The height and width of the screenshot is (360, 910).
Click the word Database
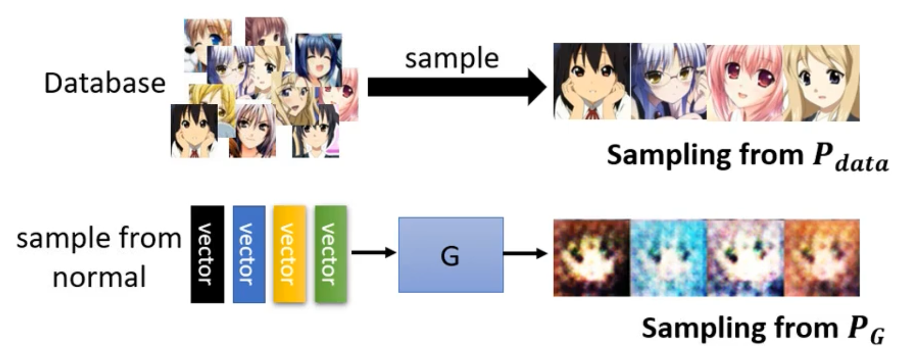coord(105,83)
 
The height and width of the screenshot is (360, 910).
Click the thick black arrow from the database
coord(457,87)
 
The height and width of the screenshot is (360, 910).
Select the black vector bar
coord(207,255)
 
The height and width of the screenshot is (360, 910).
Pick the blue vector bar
coord(249,255)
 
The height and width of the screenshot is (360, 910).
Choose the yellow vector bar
coord(290,255)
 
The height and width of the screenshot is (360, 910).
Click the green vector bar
coord(331,255)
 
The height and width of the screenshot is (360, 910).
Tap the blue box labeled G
coord(451,255)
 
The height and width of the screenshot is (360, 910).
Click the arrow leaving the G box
coord(526,253)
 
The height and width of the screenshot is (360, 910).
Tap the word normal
coord(99,277)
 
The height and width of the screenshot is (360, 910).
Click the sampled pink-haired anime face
coord(745,83)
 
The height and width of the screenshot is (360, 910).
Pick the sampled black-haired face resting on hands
coord(592,81)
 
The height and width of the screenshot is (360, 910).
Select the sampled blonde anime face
coord(822,83)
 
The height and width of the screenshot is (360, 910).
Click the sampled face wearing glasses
coord(669,81)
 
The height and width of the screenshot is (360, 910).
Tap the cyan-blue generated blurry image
coord(669,258)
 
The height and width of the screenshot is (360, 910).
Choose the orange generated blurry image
coord(822,258)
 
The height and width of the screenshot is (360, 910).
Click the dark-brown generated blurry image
coord(592,258)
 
